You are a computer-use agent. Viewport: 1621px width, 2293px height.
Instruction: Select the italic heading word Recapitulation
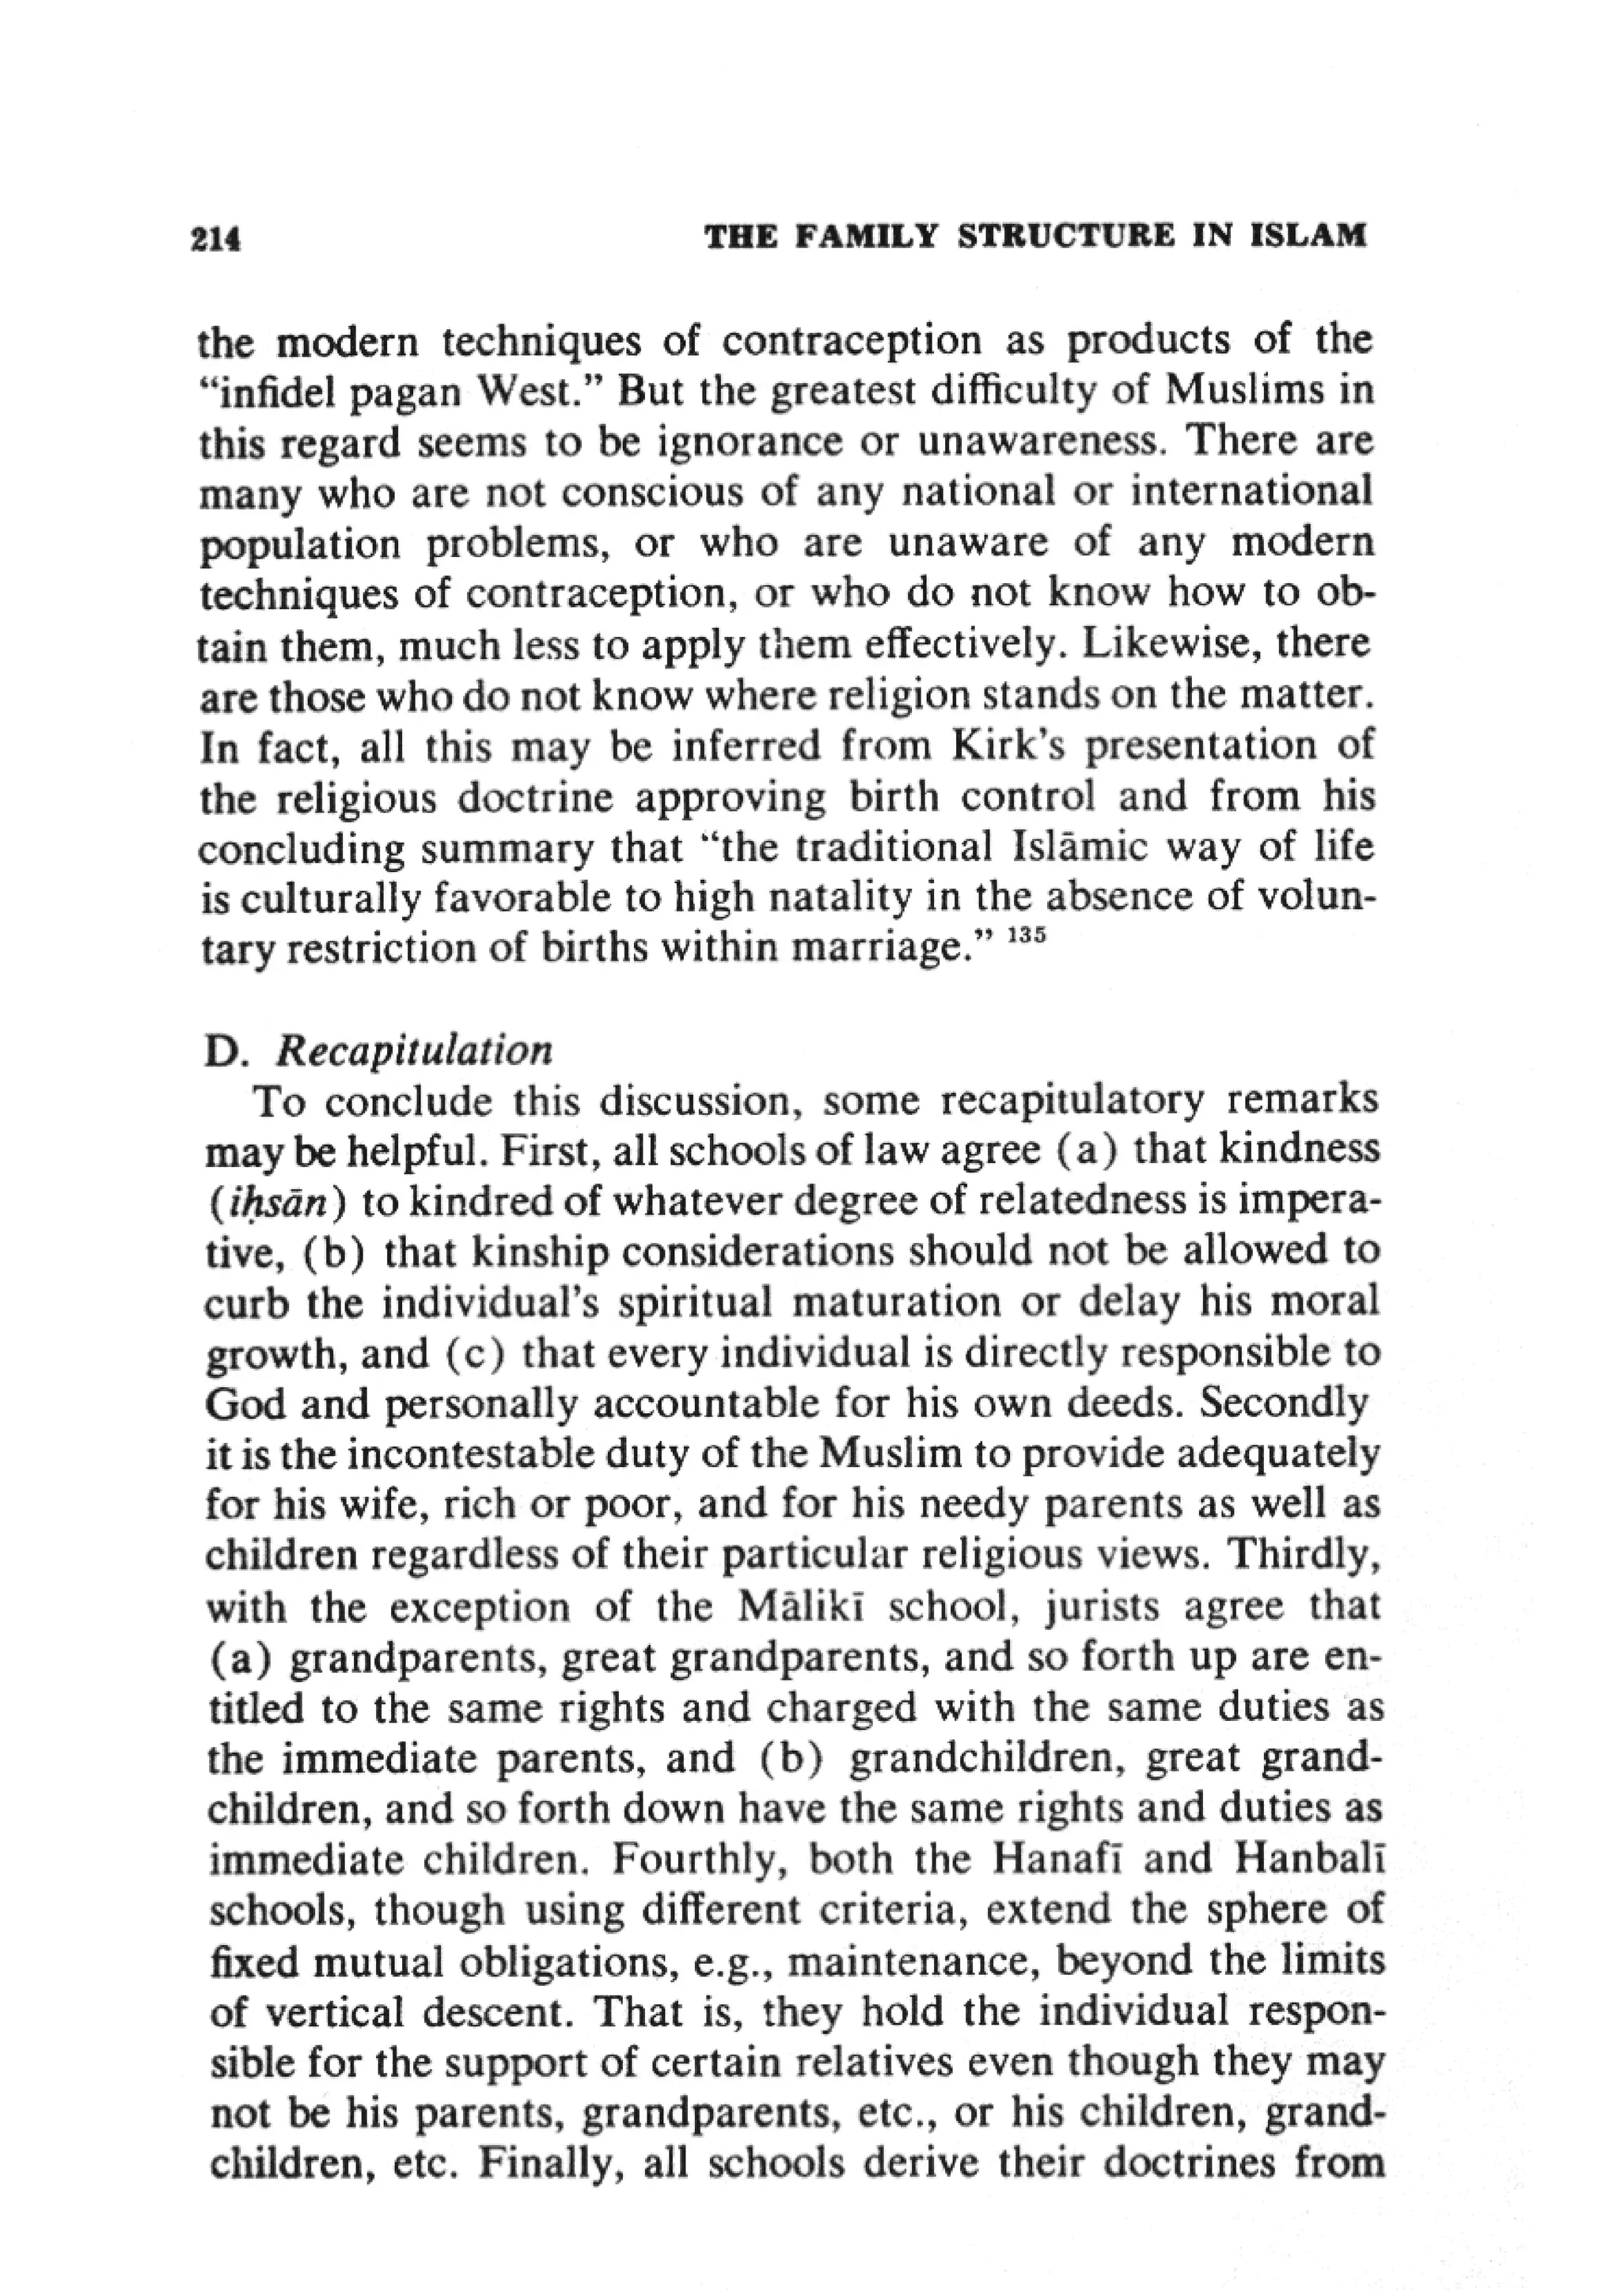pos(413,1052)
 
